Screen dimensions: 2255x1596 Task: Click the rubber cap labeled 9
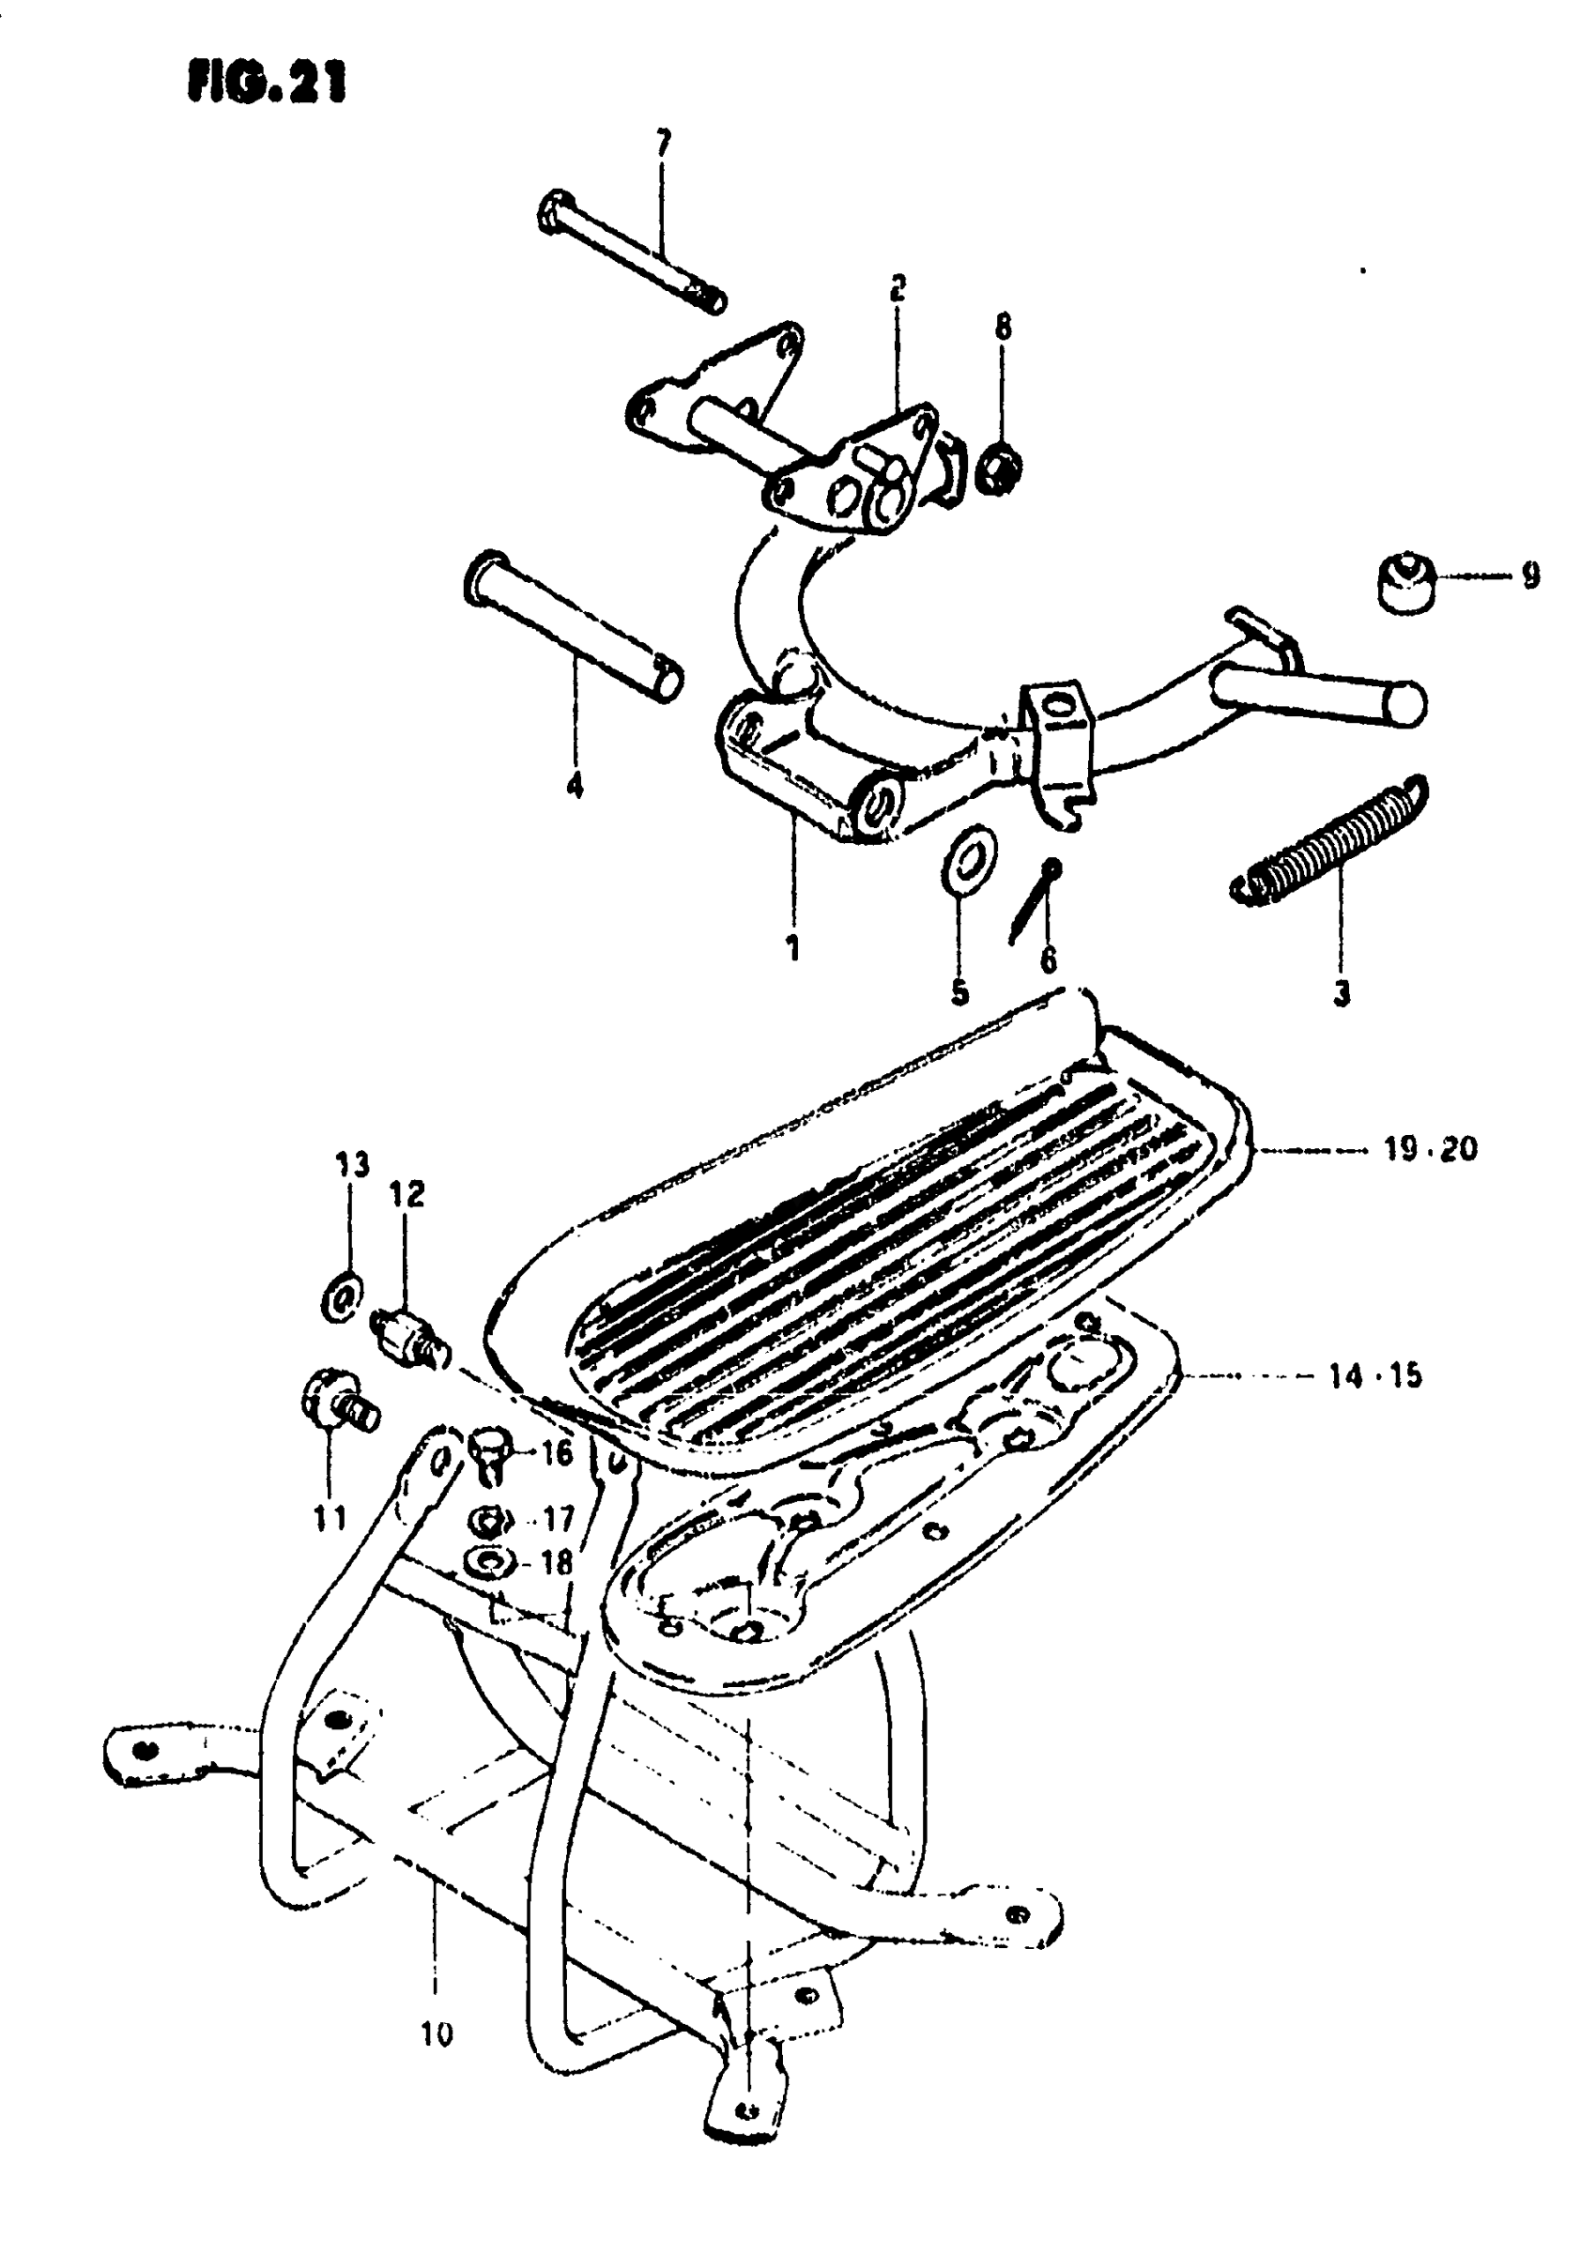pyautogui.click(x=1404, y=586)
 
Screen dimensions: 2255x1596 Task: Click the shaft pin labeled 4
pyautogui.click(x=574, y=637)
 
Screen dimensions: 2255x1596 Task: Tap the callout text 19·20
pyautogui.click(x=1430, y=1149)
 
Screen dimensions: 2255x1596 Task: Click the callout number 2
pyautogui.click(x=897, y=289)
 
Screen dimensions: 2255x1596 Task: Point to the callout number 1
pyautogui.click(x=792, y=947)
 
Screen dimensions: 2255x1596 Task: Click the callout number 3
pyautogui.click(x=1342, y=993)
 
